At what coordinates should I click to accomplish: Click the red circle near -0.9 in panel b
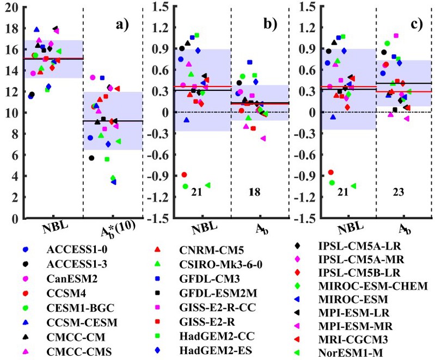click(x=184, y=175)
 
